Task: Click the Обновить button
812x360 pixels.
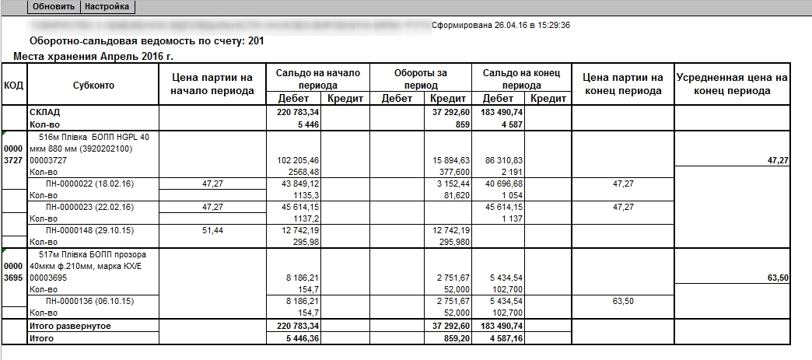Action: (54, 6)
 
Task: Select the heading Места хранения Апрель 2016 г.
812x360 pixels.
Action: (93, 57)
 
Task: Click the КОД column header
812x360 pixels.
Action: (13, 85)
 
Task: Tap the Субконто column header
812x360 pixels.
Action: (93, 85)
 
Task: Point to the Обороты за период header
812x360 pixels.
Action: (421, 79)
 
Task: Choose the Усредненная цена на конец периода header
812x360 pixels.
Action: (732, 84)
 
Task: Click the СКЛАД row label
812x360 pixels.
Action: (45, 113)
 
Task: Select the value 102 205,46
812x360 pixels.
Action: (299, 159)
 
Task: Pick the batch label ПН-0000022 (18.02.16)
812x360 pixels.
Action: (79, 183)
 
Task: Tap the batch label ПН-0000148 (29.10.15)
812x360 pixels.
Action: (79, 230)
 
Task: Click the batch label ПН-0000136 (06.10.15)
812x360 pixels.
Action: (79, 300)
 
